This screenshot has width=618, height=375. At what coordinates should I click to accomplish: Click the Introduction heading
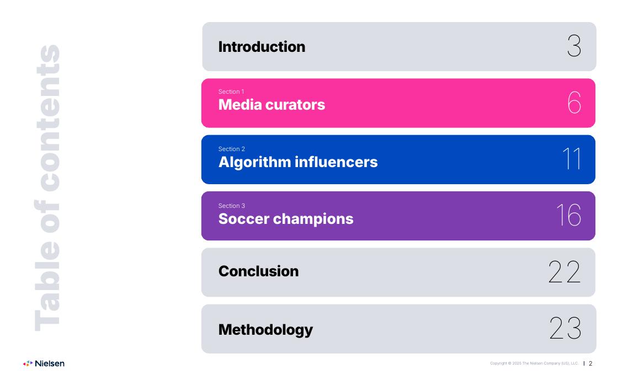pyautogui.click(x=262, y=47)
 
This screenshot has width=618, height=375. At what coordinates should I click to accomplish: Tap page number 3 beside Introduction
pyautogui.click(x=574, y=46)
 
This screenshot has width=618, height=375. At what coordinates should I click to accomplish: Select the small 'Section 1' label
pyautogui.click(x=231, y=92)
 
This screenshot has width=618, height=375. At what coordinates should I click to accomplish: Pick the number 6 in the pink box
pyautogui.click(x=574, y=103)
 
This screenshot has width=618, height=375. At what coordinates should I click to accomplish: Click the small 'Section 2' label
pyautogui.click(x=231, y=149)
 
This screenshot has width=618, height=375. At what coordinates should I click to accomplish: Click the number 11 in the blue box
pyautogui.click(x=572, y=159)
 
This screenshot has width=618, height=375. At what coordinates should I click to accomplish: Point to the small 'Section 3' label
pyautogui.click(x=231, y=206)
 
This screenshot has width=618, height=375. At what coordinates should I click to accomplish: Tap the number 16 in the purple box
pyautogui.click(x=569, y=215)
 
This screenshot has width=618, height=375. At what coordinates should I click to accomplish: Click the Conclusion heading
pyautogui.click(x=259, y=271)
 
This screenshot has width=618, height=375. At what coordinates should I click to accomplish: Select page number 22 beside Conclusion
pyautogui.click(x=565, y=272)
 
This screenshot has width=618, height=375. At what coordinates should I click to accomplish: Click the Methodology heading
pyautogui.click(x=265, y=330)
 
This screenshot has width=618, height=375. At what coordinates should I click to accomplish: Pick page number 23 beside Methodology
pyautogui.click(x=566, y=328)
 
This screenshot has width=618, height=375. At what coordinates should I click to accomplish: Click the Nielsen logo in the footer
pyautogui.click(x=44, y=363)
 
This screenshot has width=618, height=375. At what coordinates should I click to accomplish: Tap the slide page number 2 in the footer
pyautogui.click(x=590, y=363)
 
